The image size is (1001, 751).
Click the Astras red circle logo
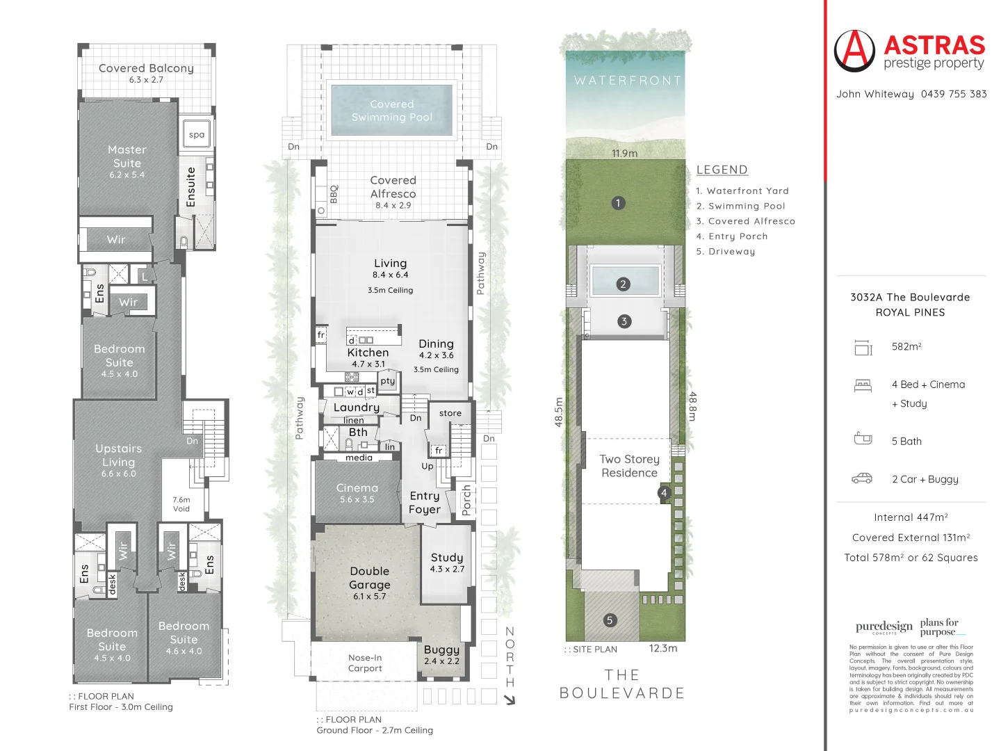(x=854, y=51)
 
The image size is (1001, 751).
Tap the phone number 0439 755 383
(x=953, y=94)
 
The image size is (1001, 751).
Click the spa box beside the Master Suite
(x=197, y=135)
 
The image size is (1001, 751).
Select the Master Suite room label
(x=127, y=156)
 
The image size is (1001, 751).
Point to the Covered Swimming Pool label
(x=392, y=111)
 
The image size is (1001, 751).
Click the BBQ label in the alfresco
(x=334, y=193)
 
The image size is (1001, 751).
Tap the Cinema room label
(x=357, y=488)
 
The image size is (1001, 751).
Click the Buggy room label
(x=441, y=649)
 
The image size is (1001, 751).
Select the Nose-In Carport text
(x=365, y=663)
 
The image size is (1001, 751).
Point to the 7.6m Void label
(x=181, y=504)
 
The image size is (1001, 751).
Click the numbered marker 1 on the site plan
(x=618, y=203)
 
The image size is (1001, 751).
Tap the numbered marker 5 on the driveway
(x=610, y=620)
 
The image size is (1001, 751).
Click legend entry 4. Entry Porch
(x=732, y=236)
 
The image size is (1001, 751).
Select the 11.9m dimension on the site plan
(x=624, y=154)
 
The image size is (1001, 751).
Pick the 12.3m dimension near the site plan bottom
(x=662, y=648)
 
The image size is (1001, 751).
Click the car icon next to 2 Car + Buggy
(x=862, y=478)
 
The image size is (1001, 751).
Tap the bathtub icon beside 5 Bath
(x=863, y=439)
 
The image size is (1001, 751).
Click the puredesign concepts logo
(x=884, y=627)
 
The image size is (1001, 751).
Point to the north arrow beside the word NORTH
(x=510, y=700)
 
